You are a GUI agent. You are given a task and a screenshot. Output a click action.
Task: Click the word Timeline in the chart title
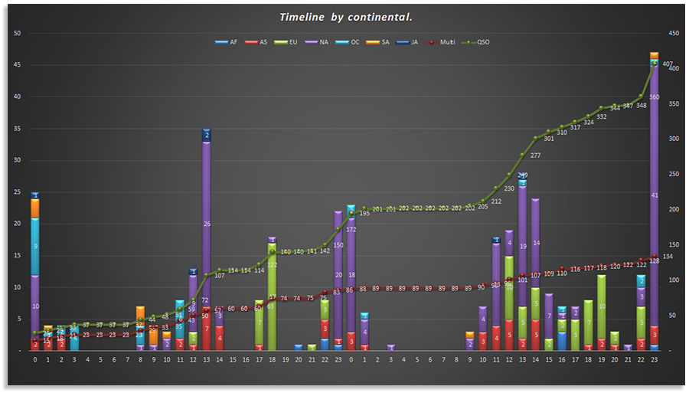pos(302,17)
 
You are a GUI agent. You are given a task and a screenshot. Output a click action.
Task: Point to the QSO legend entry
pos(479,42)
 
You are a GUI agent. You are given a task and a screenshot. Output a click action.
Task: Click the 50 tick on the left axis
pos(17,33)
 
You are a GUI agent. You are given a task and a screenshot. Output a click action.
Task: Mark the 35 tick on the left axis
pos(17,128)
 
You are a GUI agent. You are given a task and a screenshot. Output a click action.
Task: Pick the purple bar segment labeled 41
pos(655,195)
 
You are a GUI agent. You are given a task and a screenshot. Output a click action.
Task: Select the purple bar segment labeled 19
pos(523,247)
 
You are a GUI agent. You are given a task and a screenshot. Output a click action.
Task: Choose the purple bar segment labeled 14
pos(536,243)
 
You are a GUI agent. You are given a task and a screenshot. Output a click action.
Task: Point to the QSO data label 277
pos(535,156)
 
